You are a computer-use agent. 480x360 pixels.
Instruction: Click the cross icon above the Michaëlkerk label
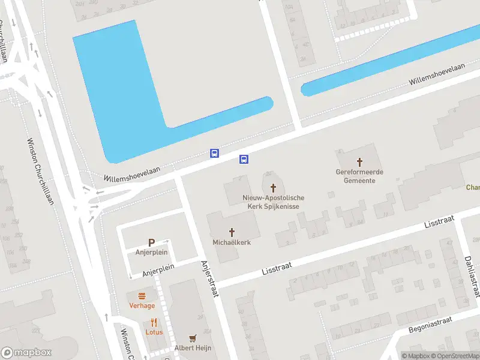232,232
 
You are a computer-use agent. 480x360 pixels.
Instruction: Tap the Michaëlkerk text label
232,242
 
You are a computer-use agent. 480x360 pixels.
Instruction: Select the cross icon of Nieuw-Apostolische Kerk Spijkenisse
274,187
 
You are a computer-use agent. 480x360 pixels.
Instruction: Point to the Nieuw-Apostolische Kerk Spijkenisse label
274,202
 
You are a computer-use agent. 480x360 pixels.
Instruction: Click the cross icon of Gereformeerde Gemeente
360,161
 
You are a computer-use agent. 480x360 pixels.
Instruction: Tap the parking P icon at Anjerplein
151,242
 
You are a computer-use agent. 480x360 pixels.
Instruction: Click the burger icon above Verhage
142,295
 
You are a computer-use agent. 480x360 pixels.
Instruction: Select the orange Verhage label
142,305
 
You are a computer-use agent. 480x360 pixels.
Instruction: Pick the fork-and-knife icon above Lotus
154,322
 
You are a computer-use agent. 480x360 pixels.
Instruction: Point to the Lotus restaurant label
154,332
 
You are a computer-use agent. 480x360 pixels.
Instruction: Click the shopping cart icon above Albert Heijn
193,338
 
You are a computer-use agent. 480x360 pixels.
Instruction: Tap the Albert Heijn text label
193,348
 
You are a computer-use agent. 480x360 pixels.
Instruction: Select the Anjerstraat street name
211,278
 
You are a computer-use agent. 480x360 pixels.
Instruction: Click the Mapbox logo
26,353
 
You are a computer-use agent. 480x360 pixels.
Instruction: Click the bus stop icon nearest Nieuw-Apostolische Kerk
244,159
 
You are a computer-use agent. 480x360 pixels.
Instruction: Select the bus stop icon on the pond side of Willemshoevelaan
214,153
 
